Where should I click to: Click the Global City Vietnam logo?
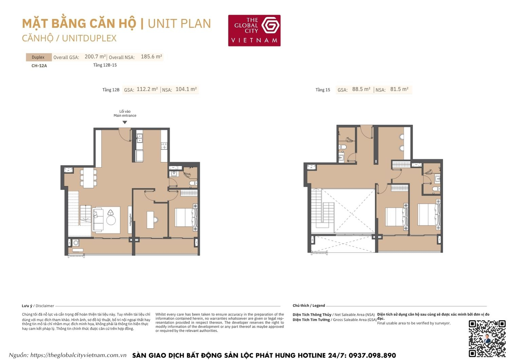click(254, 30)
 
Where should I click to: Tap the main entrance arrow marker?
click(125, 122)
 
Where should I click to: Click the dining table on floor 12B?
click(89, 178)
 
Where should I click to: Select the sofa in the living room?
click(98, 219)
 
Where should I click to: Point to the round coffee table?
click(111, 220)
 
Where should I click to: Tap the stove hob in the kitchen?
click(164, 146)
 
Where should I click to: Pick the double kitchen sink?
click(139, 138)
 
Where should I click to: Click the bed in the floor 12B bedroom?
click(185, 217)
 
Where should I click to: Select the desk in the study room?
click(150, 220)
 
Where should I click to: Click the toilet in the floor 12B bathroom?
click(192, 183)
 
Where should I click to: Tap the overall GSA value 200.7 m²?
click(95, 57)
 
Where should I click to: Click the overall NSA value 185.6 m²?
click(151, 57)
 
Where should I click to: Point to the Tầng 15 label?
click(323, 90)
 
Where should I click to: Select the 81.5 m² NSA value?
click(399, 89)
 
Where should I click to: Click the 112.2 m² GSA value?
click(147, 89)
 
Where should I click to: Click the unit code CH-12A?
click(39, 66)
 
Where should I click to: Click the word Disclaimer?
click(45, 306)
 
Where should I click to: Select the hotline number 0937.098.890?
click(372, 356)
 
